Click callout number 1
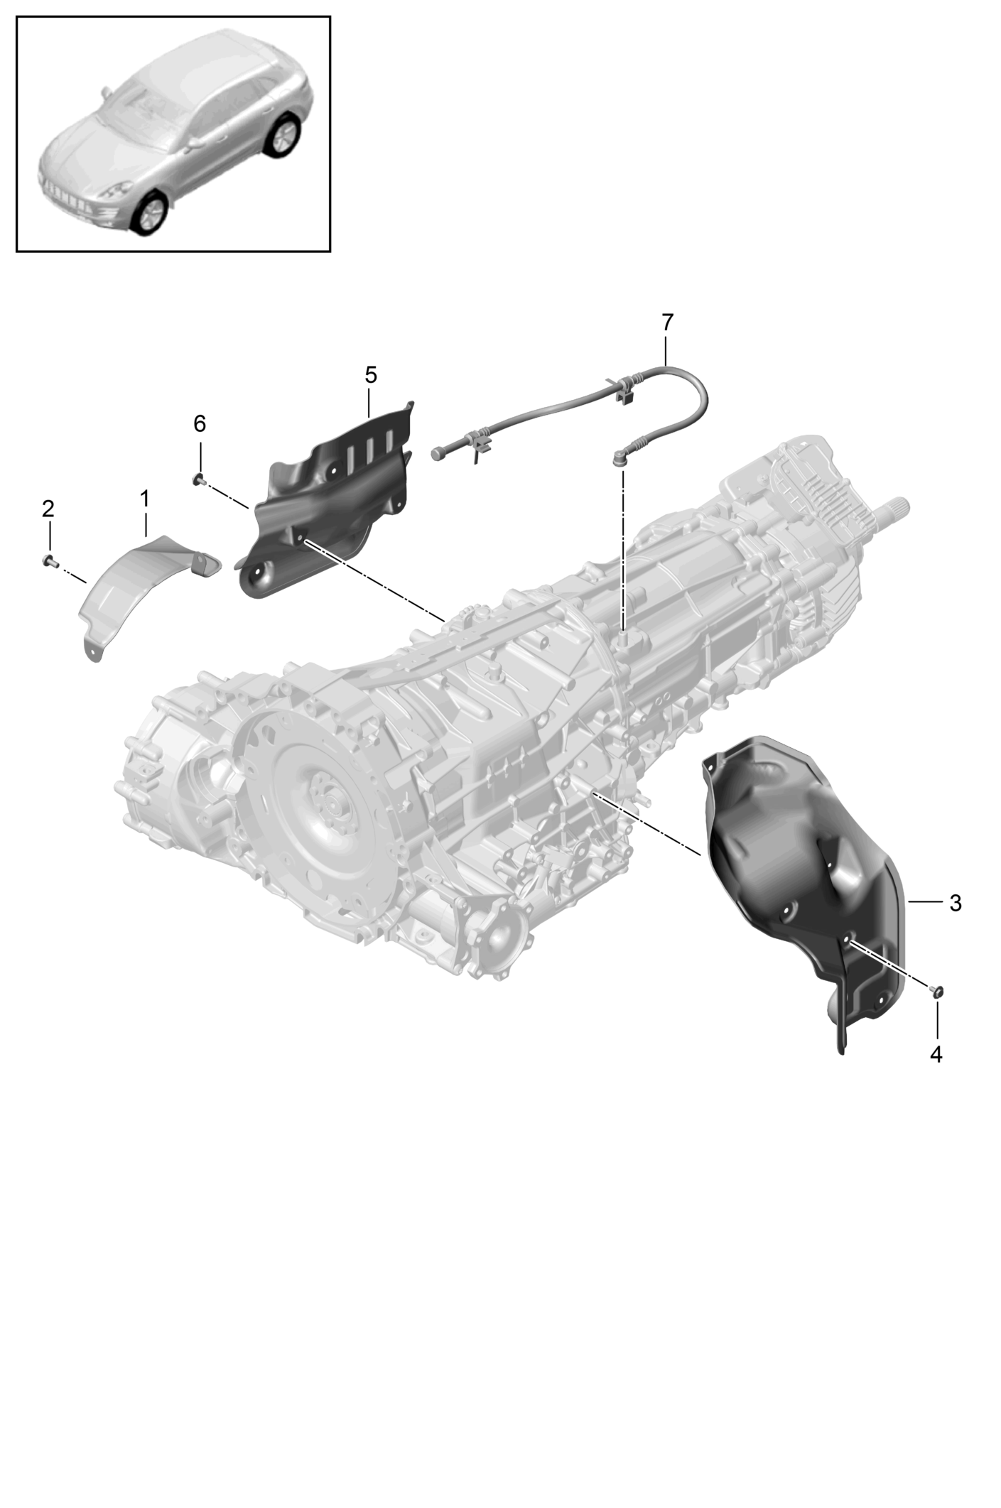coord(144,499)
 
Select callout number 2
coord(48,509)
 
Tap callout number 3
coord(955,904)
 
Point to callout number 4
coord(936,1055)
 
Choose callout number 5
coord(371,374)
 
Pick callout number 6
coord(200,424)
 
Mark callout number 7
coord(666,322)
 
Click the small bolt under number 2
coord(48,561)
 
